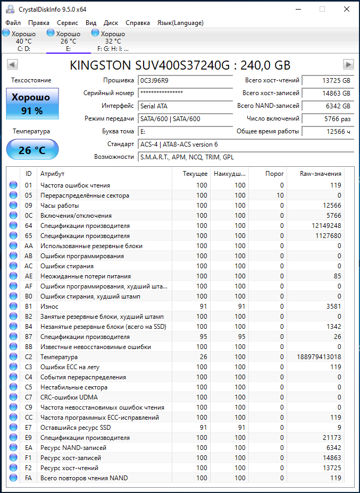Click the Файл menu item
(x=13, y=23)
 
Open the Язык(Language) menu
(x=180, y=23)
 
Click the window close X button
(x=347, y=9)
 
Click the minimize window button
(x=298, y=9)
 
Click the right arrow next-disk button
(x=348, y=64)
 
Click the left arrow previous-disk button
(x=12, y=64)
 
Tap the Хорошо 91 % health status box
(x=32, y=104)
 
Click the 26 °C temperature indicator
(x=32, y=150)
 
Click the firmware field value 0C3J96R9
(x=186, y=80)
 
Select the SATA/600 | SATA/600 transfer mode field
(x=186, y=118)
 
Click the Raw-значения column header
(x=320, y=174)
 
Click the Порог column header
(x=275, y=174)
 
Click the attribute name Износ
(x=49, y=307)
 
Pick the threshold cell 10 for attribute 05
(x=280, y=195)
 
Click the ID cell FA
(x=29, y=478)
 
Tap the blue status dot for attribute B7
(x=13, y=337)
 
